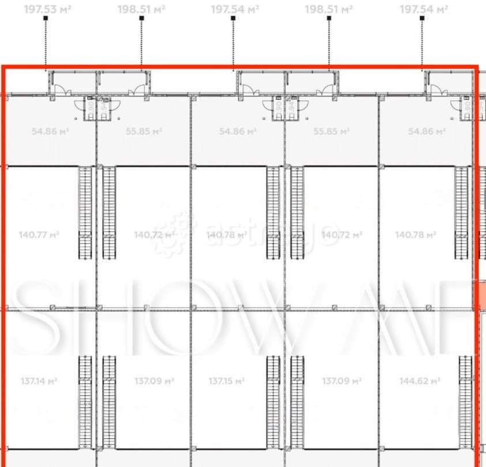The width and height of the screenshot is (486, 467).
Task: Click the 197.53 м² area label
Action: [48, 9]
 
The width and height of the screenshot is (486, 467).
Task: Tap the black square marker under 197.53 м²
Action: [46, 18]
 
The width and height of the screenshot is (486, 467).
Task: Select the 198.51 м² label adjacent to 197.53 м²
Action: [141, 9]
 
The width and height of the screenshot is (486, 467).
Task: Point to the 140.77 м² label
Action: [40, 235]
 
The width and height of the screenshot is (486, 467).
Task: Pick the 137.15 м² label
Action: [227, 381]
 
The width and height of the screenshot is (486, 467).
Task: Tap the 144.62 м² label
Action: [420, 381]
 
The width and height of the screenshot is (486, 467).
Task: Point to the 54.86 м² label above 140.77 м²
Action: [51, 131]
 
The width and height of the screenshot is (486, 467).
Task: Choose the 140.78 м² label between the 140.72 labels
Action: [227, 235]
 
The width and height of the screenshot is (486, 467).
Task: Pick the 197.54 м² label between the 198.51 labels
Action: [235, 9]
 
